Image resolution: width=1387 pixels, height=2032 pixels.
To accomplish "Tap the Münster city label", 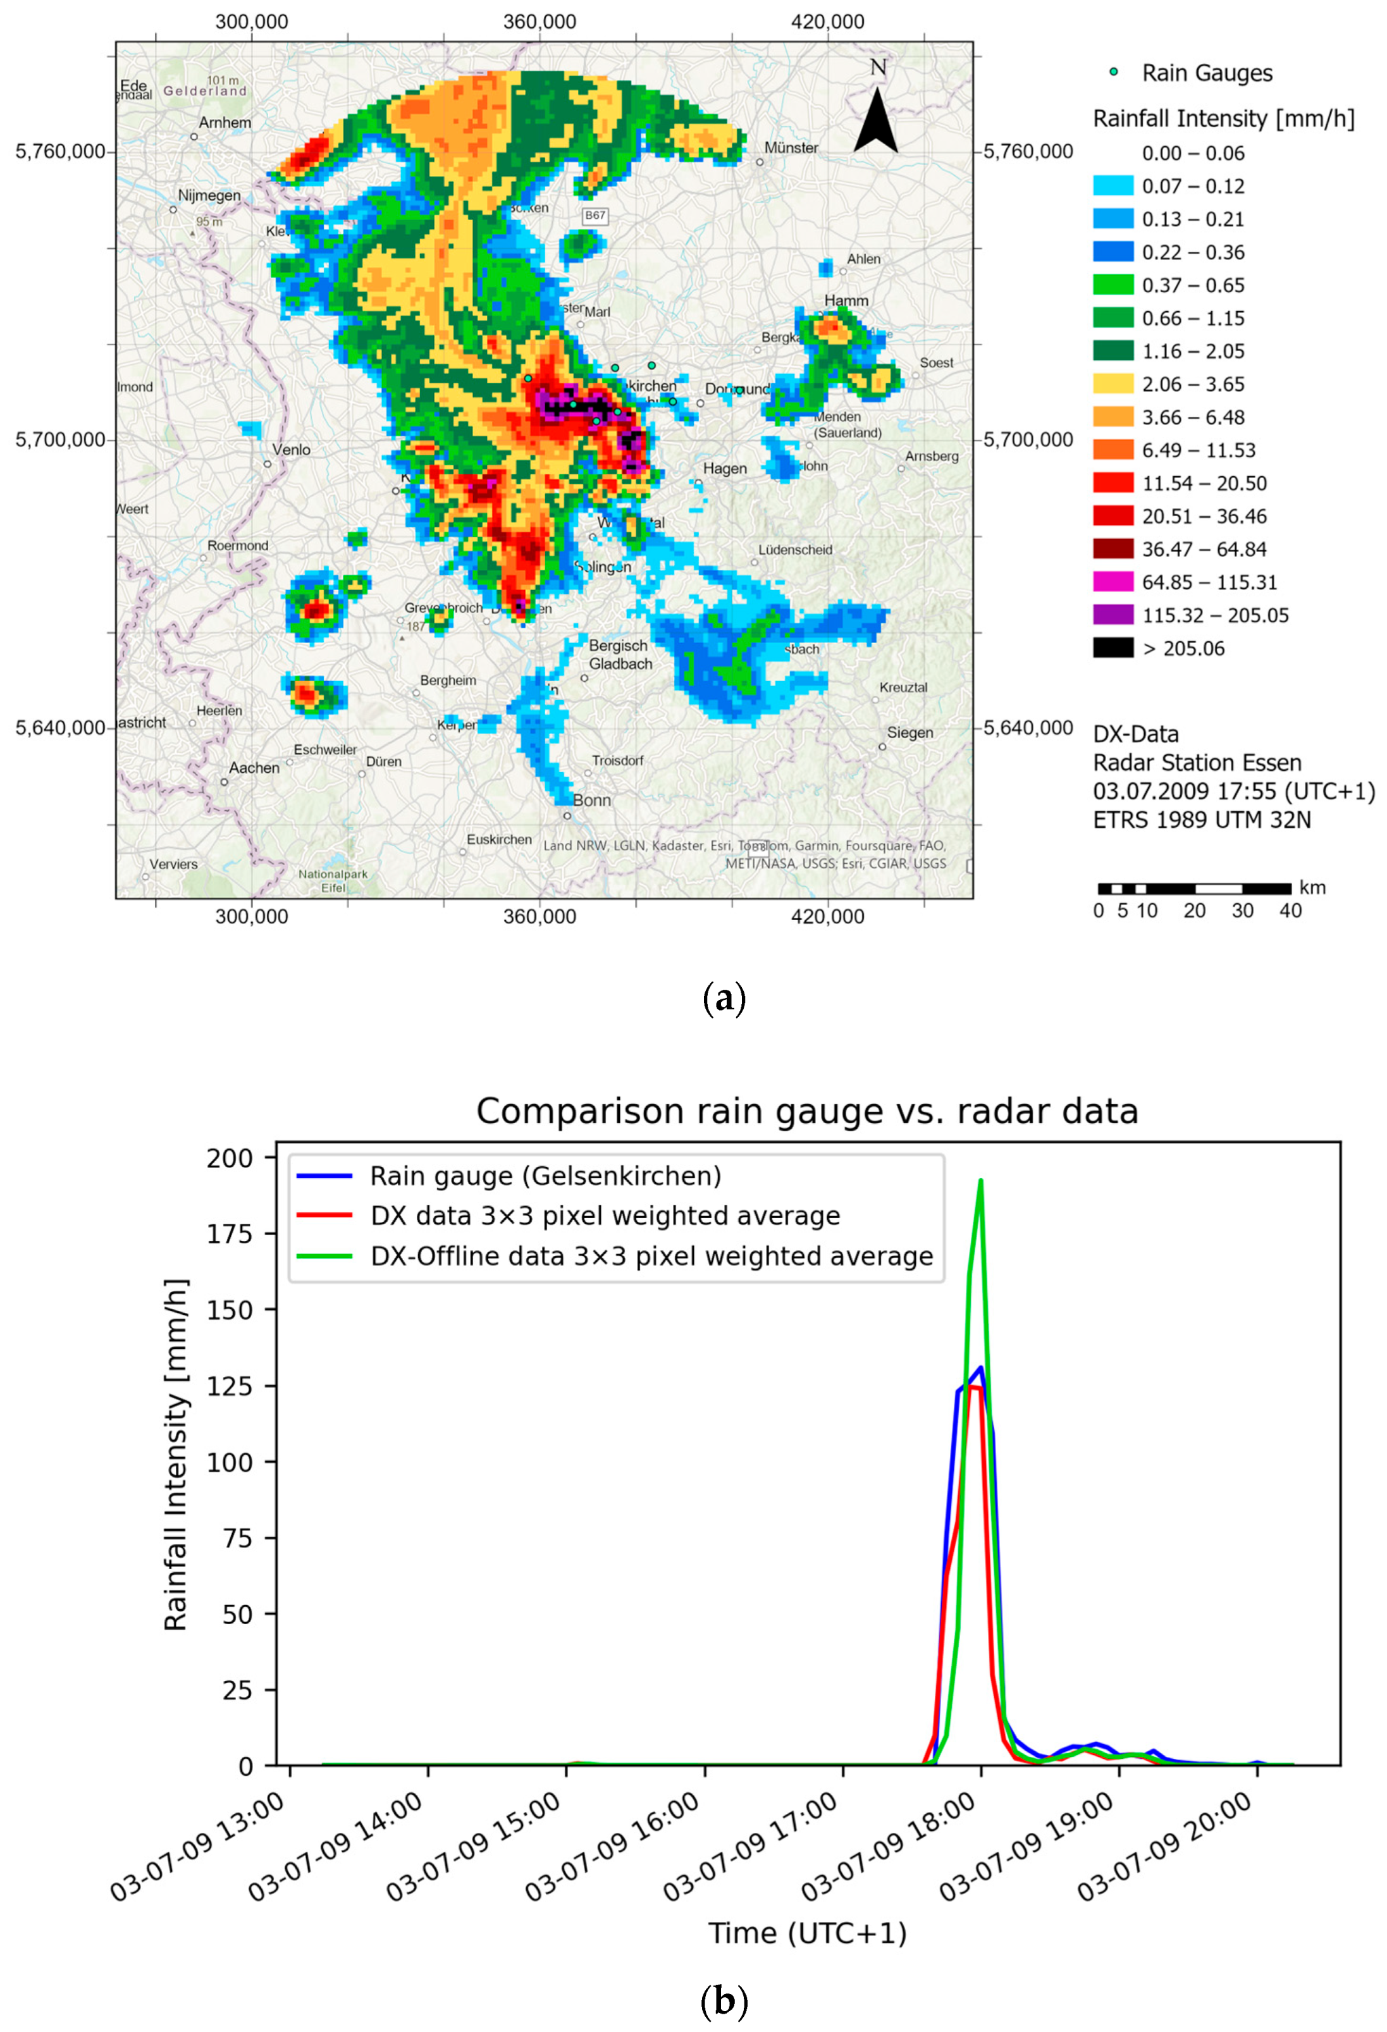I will [791, 148].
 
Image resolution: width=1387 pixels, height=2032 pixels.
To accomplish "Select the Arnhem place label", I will [225, 123].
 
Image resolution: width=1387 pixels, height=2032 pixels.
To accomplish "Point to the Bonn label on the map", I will [592, 800].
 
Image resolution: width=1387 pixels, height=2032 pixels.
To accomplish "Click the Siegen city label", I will [909, 733].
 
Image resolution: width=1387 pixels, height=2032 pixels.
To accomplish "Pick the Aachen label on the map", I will [254, 768].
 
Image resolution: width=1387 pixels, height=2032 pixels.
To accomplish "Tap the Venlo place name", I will [290, 450].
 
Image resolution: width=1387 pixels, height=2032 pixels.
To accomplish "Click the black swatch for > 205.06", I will [1113, 648].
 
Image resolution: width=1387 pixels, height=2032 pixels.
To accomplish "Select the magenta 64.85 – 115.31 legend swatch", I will [1113, 581].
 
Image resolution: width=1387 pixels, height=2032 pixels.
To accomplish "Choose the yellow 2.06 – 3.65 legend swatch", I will [1113, 384].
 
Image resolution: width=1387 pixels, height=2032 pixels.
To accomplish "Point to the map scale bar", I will [1193, 889].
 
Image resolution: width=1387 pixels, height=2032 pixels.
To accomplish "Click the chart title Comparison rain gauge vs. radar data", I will [806, 1111].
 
